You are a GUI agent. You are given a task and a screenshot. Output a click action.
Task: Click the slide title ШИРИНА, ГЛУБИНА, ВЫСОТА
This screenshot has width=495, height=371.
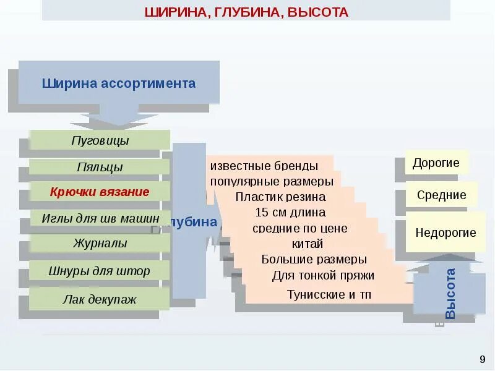(246, 12)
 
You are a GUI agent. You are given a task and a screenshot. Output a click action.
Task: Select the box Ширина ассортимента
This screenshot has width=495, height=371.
(119, 83)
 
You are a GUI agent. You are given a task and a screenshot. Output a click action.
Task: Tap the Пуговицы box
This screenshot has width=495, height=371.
(100, 140)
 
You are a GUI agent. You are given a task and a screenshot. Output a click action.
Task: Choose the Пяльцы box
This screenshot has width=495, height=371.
(100, 167)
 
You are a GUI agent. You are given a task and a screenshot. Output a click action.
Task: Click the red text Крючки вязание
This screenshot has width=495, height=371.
(100, 192)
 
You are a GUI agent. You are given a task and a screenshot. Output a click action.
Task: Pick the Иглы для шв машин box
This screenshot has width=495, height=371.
(100, 218)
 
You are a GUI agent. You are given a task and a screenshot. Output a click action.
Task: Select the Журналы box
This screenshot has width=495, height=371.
(100, 243)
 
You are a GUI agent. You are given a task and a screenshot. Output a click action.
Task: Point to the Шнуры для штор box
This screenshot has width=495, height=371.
(100, 271)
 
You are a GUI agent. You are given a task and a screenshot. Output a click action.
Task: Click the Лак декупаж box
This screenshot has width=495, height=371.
(100, 299)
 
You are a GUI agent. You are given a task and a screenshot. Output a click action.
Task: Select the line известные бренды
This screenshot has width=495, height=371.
(264, 166)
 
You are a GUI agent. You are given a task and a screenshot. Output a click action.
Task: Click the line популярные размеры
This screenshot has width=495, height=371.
(272, 181)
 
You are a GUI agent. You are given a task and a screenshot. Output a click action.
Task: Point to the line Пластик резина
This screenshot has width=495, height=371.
(280, 197)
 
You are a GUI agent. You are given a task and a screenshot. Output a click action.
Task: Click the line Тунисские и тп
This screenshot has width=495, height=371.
(329, 294)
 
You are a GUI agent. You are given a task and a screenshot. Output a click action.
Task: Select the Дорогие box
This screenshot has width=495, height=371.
(436, 163)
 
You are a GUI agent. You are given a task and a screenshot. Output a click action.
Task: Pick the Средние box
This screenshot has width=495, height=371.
(441, 195)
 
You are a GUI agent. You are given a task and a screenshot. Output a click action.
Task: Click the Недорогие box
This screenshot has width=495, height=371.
(445, 232)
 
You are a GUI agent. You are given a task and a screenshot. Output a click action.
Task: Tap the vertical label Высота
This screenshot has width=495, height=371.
(450, 294)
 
